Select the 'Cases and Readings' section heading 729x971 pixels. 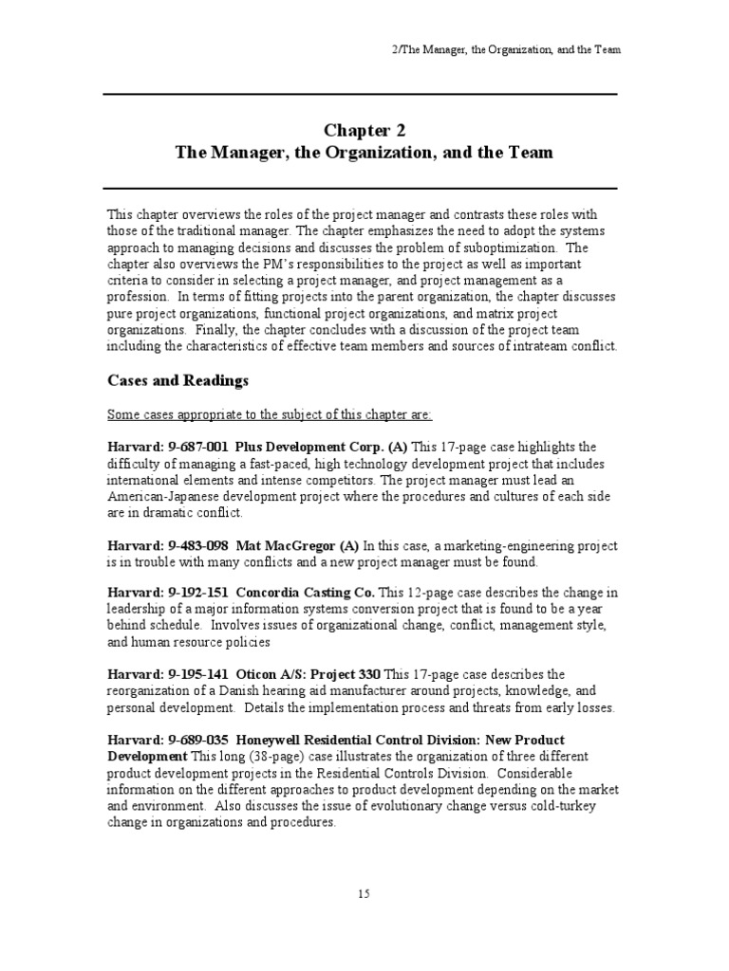tap(178, 380)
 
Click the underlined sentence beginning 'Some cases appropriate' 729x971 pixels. tap(269, 414)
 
